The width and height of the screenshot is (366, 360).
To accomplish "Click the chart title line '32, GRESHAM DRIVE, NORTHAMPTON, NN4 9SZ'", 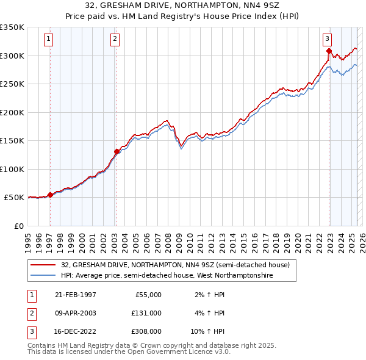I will (183, 5).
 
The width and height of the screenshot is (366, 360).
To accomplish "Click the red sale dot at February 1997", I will (50, 195).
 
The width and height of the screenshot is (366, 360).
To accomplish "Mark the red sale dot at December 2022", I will (329, 51).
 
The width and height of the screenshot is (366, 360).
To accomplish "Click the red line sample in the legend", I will (43, 265).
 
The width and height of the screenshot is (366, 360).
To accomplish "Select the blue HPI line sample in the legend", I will (43, 275).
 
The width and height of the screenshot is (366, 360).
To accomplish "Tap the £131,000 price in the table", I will (146, 313).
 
